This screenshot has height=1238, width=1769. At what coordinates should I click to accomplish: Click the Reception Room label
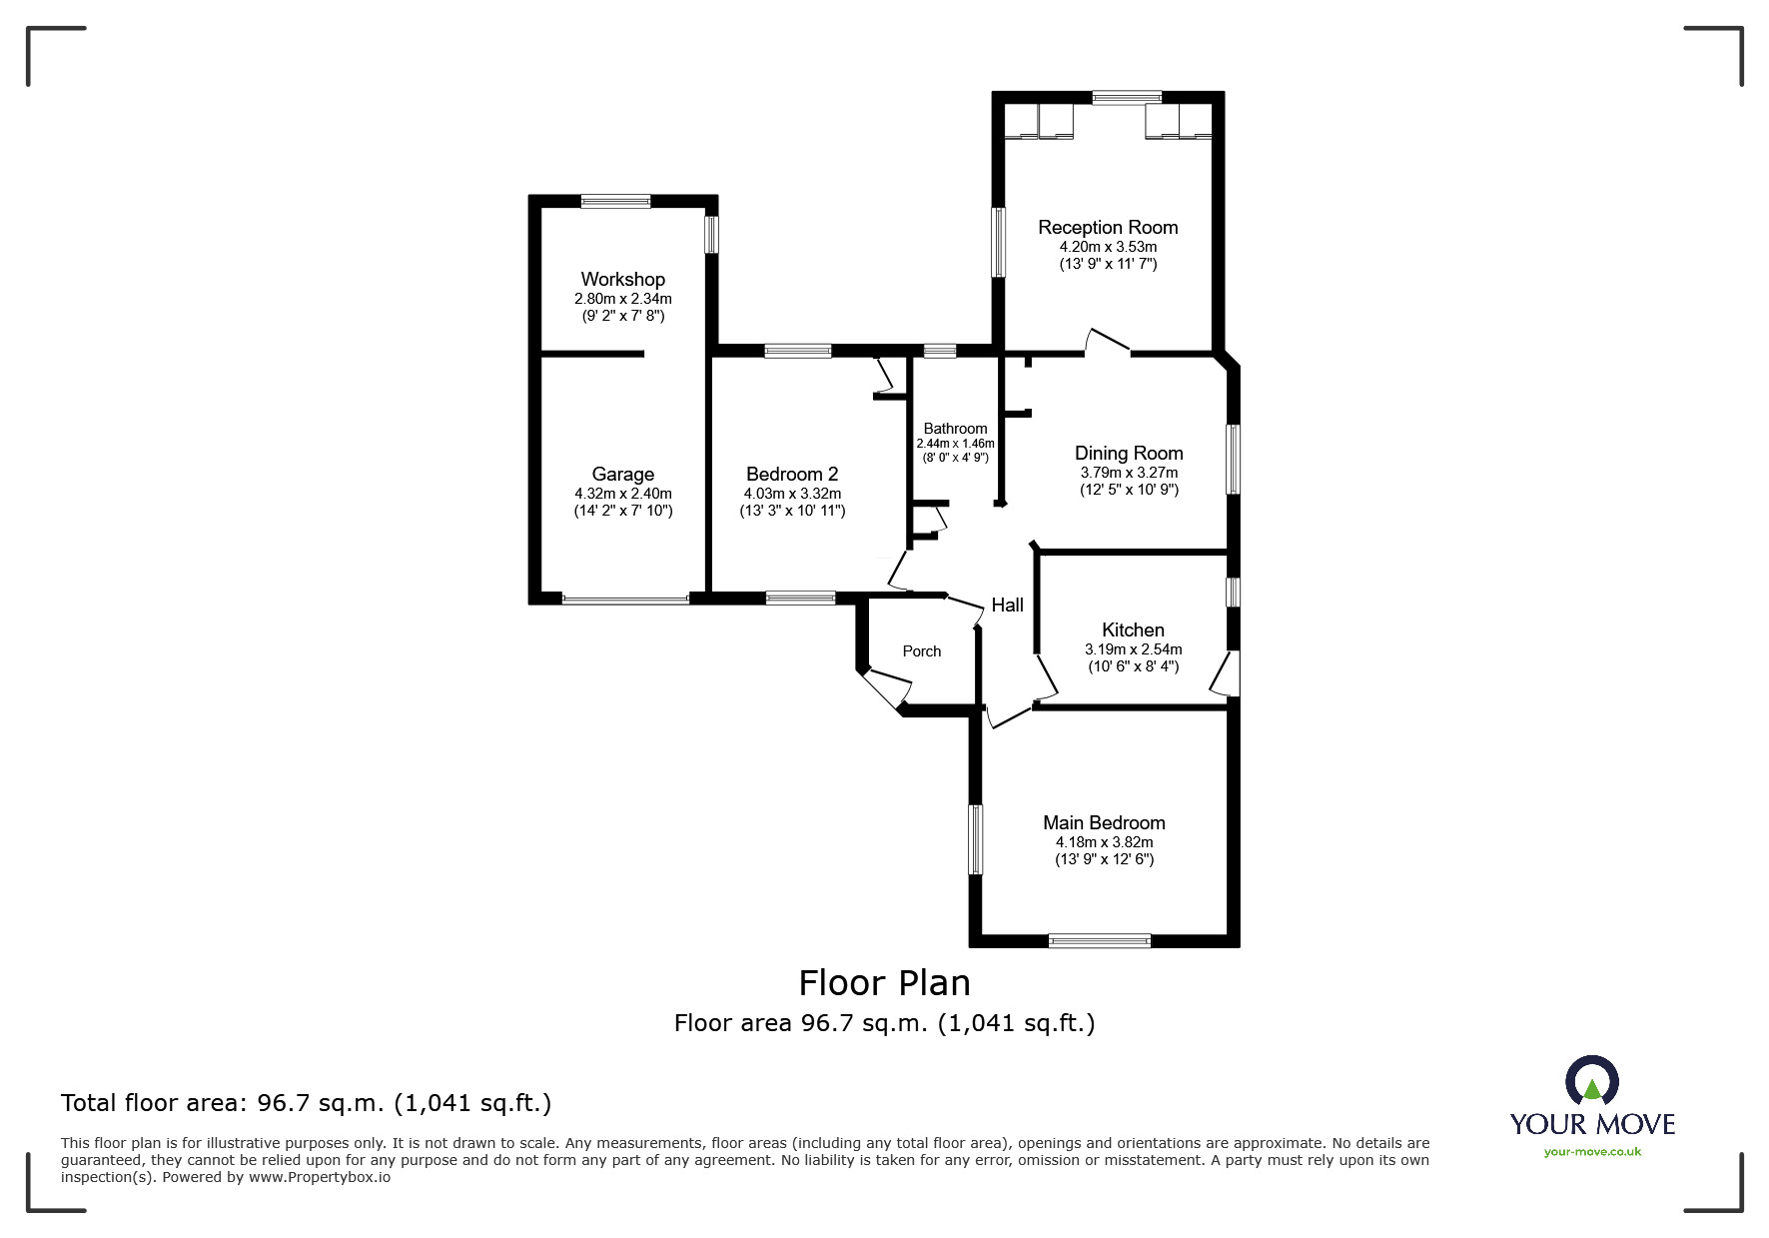[x=1108, y=228]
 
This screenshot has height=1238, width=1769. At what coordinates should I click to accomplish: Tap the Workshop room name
[x=623, y=280]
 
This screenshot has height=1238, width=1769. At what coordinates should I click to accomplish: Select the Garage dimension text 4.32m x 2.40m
[x=623, y=494]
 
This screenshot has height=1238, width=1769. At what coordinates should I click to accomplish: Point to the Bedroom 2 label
[x=792, y=475]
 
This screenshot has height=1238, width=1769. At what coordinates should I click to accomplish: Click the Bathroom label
[x=955, y=429]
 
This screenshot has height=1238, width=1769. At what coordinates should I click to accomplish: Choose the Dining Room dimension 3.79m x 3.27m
[x=1129, y=473]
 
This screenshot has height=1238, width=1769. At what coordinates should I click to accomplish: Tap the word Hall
[x=1007, y=605]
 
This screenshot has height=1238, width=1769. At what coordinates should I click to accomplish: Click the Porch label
[x=922, y=651]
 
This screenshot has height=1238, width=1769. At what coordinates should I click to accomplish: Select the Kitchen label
[x=1133, y=630]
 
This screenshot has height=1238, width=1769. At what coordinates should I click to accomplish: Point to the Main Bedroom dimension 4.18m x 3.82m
[x=1104, y=842]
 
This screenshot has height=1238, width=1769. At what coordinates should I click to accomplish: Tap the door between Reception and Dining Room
[x=1107, y=340]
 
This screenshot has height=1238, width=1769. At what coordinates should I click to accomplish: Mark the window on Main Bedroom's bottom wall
[x=1100, y=940]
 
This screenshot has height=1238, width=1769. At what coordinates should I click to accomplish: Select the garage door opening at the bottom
[x=625, y=600]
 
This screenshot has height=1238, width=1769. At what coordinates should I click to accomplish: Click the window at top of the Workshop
[x=615, y=201]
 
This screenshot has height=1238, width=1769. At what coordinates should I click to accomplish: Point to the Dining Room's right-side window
[x=1234, y=459]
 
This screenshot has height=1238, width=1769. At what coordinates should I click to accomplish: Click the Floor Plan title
[x=885, y=983]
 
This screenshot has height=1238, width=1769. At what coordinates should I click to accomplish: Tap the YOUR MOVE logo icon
[x=1591, y=1081]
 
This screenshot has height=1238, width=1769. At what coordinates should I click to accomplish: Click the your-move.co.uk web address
[x=1592, y=1152]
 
